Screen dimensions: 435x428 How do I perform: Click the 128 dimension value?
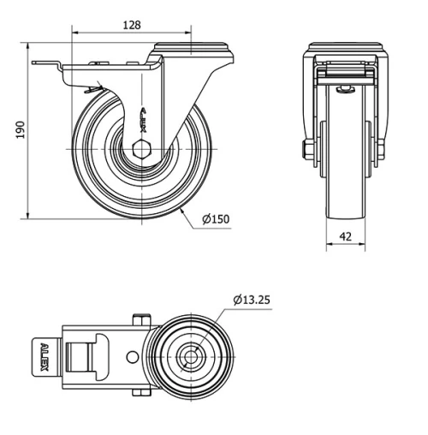(131, 26)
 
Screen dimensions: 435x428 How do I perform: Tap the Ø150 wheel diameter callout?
(216, 218)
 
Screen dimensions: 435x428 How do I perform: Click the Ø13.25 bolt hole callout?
(253, 301)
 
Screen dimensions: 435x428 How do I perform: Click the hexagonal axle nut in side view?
(143, 147)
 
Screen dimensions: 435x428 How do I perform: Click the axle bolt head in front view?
(306, 152)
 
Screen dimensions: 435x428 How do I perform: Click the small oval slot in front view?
(347, 88)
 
